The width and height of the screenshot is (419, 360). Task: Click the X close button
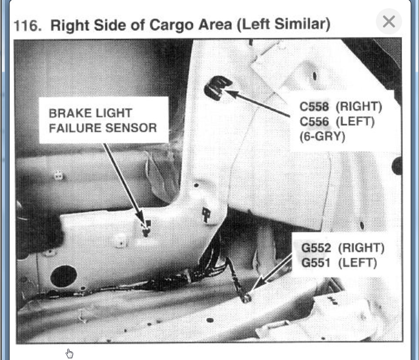389,21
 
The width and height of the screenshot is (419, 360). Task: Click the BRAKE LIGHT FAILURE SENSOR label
103,120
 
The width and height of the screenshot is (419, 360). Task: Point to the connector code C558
314,106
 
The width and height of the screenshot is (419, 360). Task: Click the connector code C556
314,121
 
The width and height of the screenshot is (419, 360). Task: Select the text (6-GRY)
322,136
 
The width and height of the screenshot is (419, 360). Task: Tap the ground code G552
316,248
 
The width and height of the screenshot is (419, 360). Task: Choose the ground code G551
316,263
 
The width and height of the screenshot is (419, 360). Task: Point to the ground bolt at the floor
246,297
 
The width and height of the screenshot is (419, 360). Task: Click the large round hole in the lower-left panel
64,276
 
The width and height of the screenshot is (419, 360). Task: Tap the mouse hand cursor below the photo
70,353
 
